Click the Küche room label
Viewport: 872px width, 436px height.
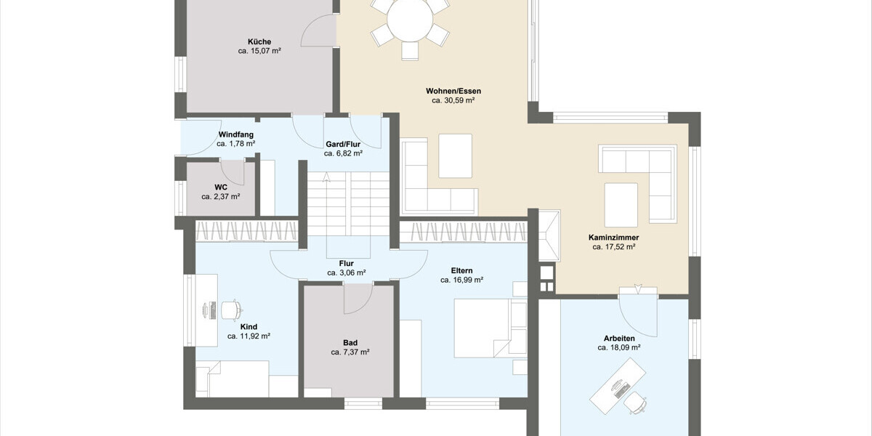click(259, 41)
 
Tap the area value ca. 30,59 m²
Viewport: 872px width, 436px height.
click(453, 100)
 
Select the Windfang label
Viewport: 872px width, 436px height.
click(236, 134)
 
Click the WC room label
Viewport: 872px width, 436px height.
click(221, 187)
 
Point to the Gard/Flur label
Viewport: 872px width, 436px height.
click(343, 145)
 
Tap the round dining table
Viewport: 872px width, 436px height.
click(410, 20)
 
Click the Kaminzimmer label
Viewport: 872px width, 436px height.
click(613, 238)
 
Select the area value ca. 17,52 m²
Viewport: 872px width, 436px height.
click(614, 247)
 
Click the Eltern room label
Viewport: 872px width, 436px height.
click(461, 270)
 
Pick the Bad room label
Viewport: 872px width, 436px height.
click(350, 343)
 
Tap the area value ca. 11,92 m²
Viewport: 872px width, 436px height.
click(249, 336)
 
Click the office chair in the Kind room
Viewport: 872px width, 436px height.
click(232, 310)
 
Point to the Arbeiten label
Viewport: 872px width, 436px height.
click(619, 339)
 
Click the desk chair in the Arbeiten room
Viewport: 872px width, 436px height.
click(635, 402)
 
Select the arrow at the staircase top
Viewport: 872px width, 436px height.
click(326, 177)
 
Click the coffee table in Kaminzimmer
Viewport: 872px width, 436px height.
click(621, 205)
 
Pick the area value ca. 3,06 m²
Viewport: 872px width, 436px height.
click(347, 273)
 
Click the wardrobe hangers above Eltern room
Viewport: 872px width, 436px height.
click(464, 232)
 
